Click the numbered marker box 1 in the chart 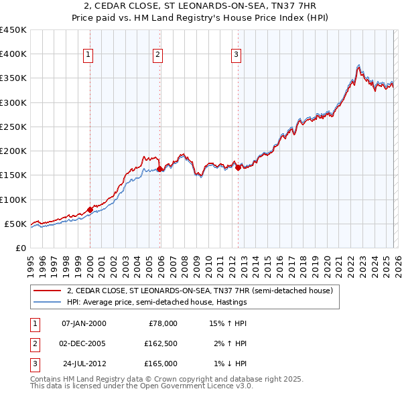tap(89, 56)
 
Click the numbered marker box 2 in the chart tap(157, 56)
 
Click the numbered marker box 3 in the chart tap(237, 56)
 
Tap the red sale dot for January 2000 tap(90, 210)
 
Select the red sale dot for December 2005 tap(160, 169)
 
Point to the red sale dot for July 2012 tap(238, 168)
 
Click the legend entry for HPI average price tap(157, 302)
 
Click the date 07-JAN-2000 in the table tap(83, 323)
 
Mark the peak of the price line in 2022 tap(358, 66)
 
